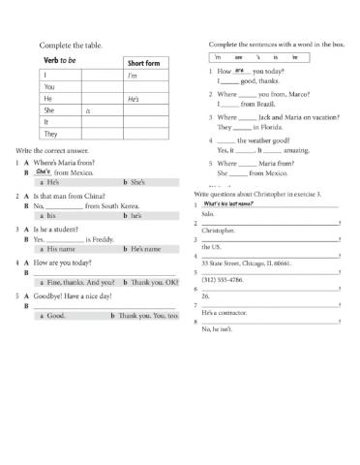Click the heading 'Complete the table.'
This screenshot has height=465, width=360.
[70, 45]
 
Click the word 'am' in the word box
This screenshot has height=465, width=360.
[239, 59]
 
